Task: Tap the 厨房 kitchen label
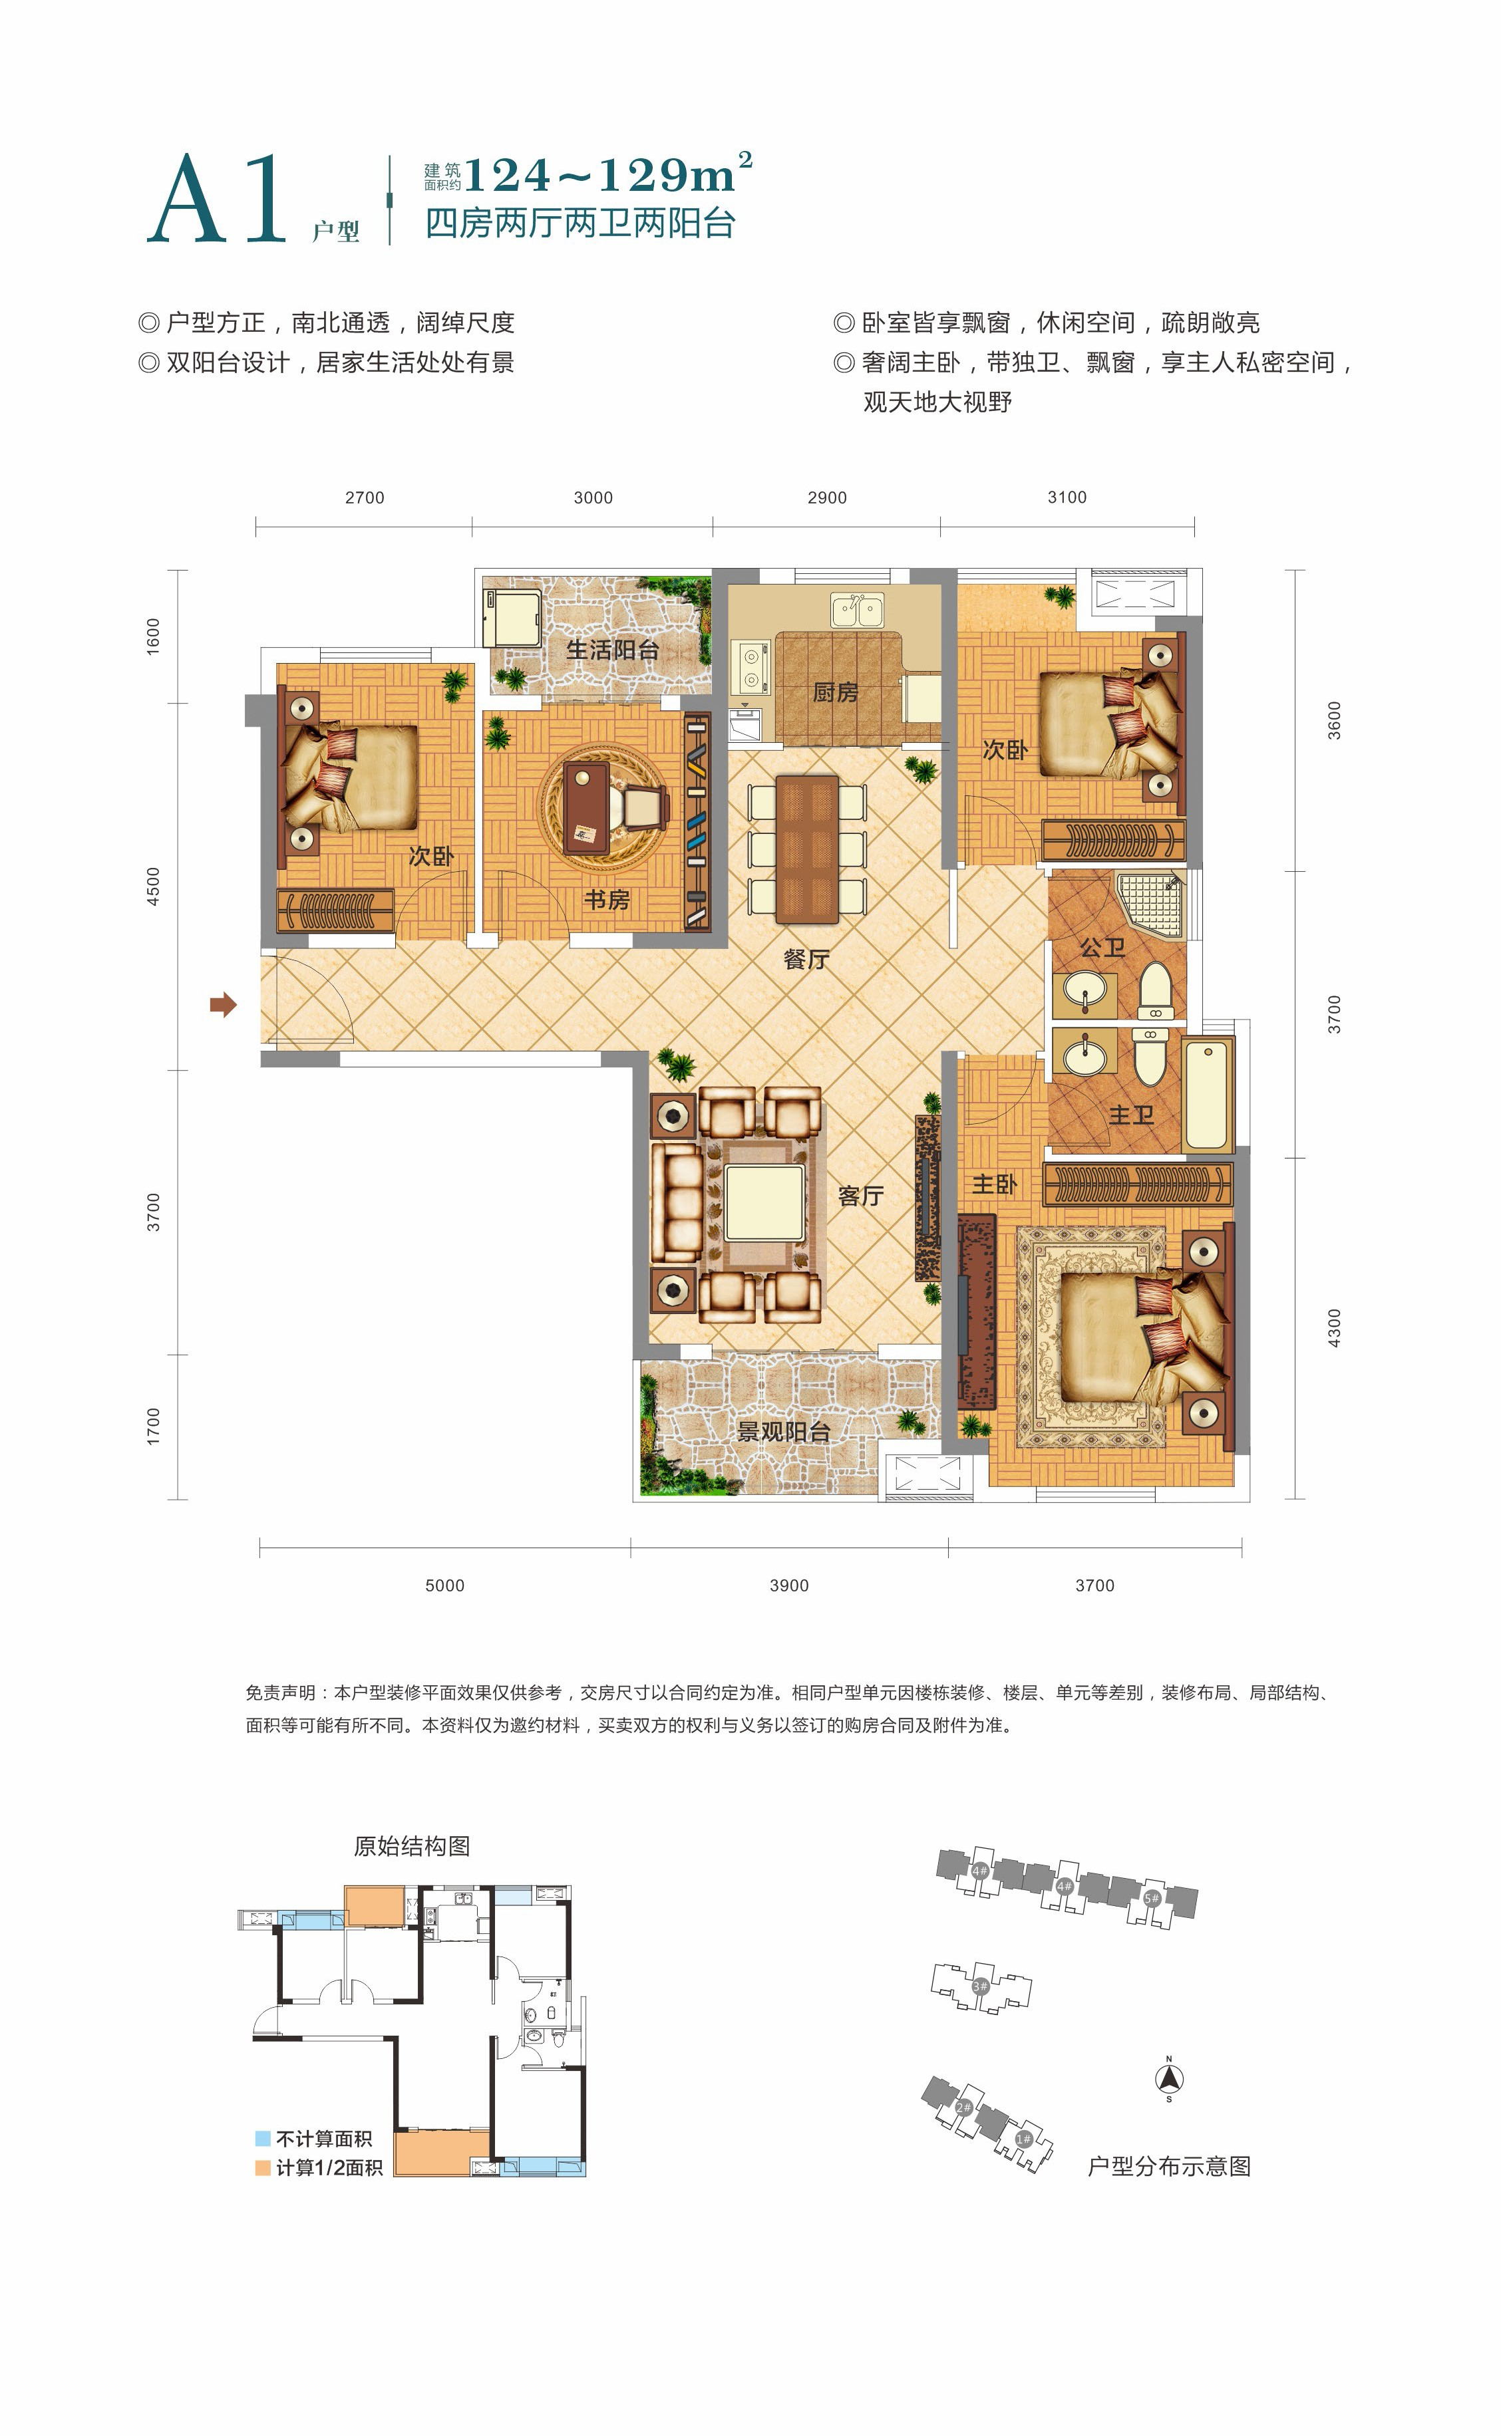(x=835, y=692)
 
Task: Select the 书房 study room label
(x=607, y=900)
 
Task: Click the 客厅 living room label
(x=860, y=1196)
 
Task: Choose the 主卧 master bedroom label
(x=995, y=1184)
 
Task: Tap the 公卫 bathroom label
(x=1102, y=948)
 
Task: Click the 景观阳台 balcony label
(x=783, y=1431)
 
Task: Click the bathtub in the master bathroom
(x=1207, y=1095)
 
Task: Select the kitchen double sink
(x=858, y=610)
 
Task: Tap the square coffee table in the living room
(x=763, y=1204)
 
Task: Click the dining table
(x=807, y=849)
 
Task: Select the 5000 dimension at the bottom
(x=444, y=1585)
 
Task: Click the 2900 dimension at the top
(x=827, y=498)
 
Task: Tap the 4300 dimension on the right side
(x=1334, y=1327)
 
